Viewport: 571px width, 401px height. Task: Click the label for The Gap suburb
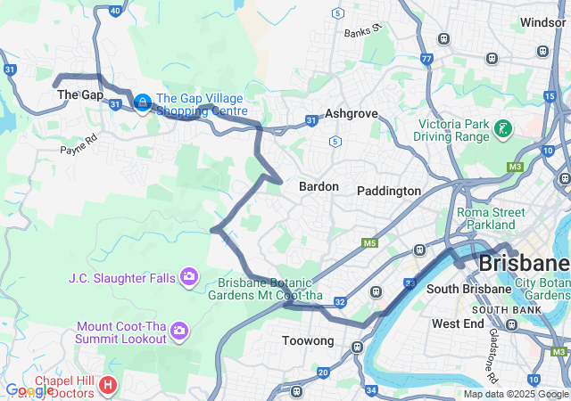80,94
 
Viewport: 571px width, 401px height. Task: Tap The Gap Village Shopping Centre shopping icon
142,104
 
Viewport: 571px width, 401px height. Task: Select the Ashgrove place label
352,114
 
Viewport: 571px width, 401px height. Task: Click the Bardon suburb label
319,186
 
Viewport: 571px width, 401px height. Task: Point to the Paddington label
388,191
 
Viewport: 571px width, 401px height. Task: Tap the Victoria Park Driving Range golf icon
503,130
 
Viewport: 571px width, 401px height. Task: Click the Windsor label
543,22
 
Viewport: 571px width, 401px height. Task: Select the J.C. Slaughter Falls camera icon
188,278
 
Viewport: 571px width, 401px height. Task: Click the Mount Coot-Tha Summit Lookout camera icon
179,331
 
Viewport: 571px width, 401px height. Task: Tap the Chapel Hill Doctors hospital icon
108,386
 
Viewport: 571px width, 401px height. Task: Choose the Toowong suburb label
308,340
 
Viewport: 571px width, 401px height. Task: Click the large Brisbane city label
524,263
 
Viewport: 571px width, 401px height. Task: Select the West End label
458,323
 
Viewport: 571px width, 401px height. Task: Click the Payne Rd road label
79,145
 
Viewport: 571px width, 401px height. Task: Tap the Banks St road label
363,30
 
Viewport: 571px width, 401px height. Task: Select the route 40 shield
115,11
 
